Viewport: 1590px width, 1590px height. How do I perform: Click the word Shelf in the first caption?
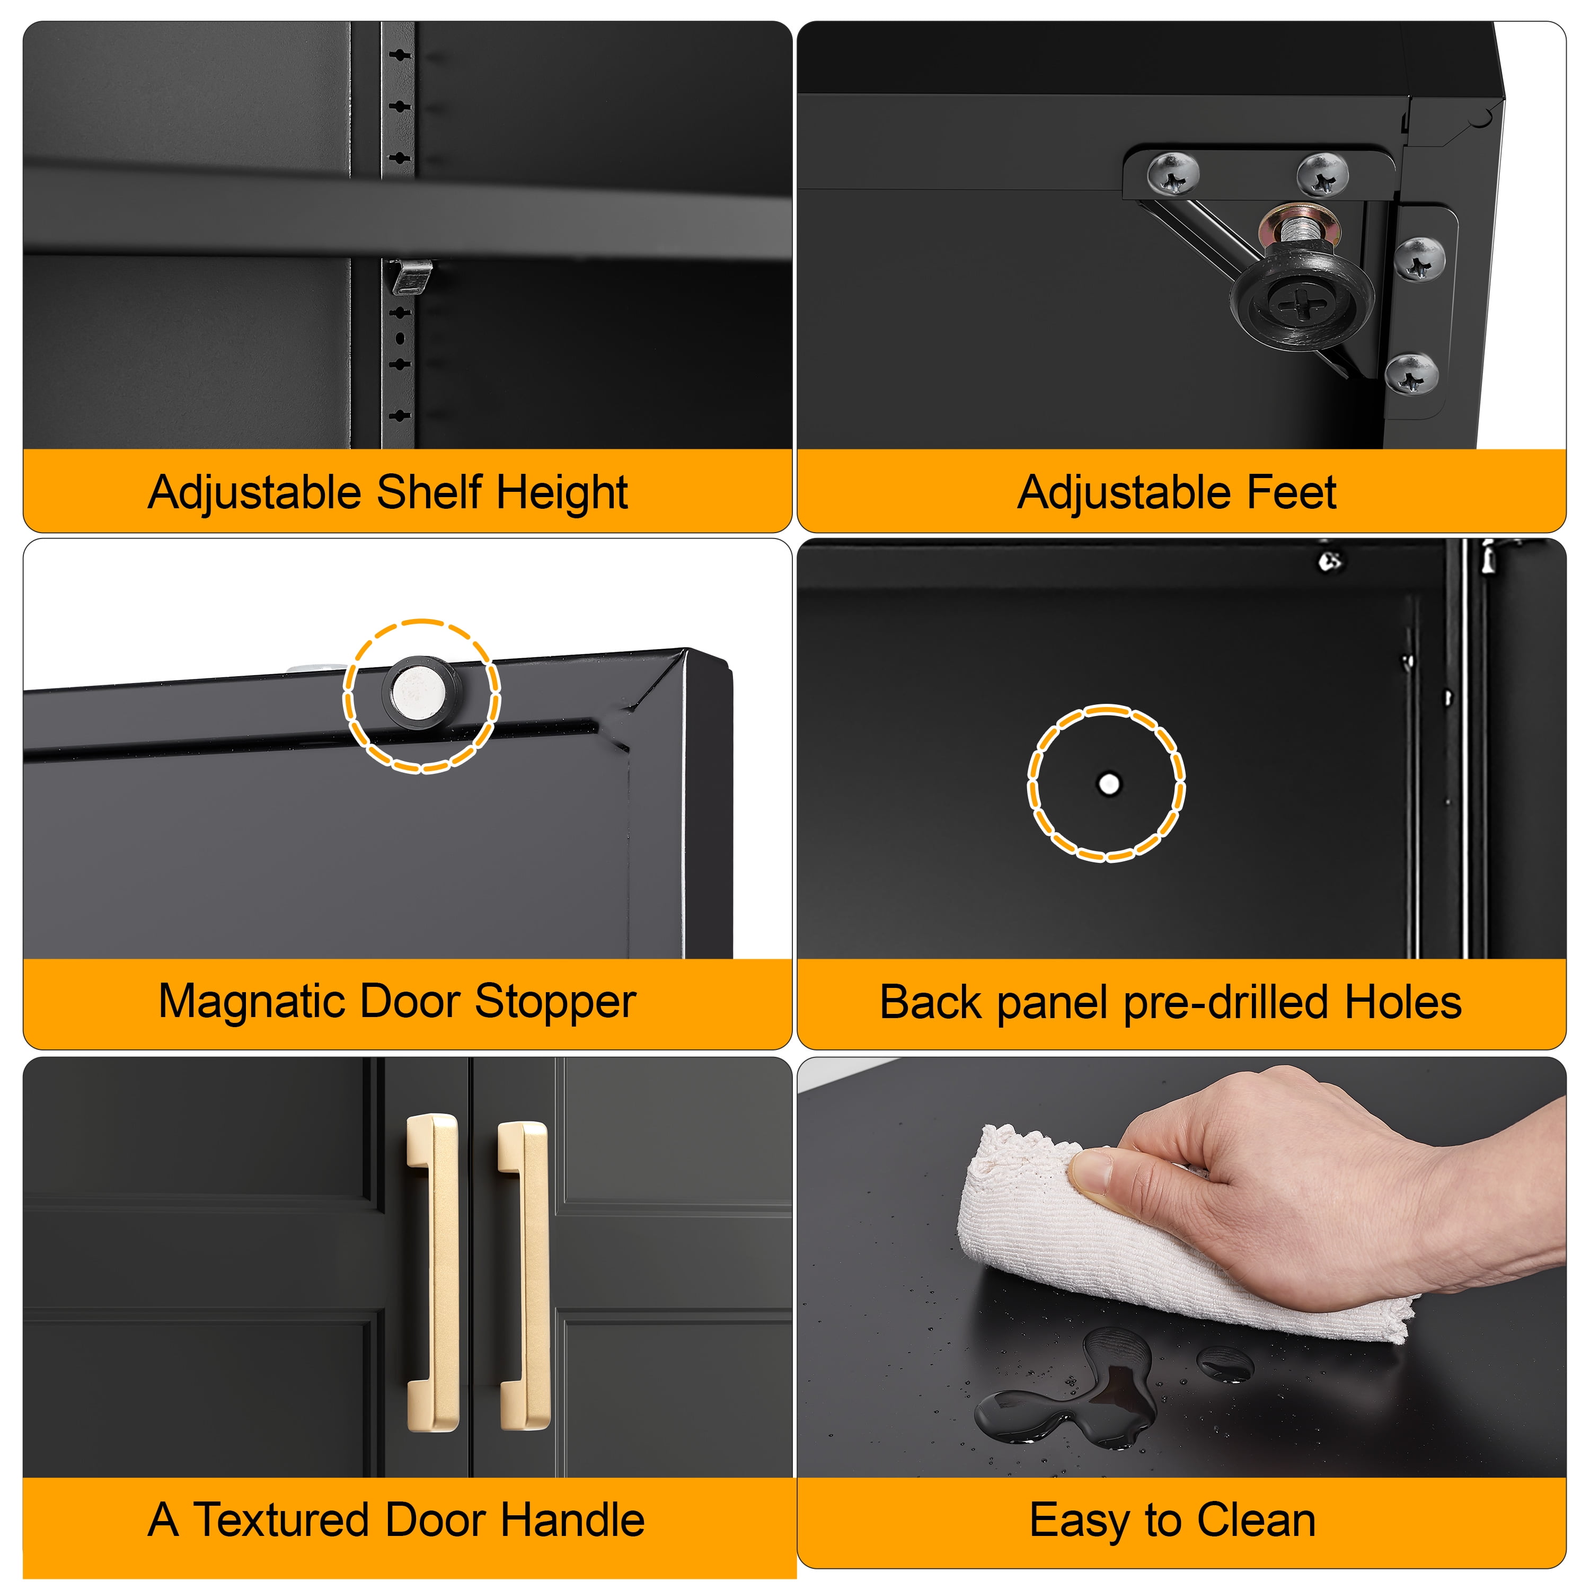click(430, 492)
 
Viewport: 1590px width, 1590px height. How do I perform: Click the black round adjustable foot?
click(1302, 297)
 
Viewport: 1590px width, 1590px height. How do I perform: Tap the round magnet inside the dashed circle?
click(421, 690)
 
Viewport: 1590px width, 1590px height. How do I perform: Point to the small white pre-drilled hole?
click(1109, 783)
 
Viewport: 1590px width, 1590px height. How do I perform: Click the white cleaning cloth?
click(1169, 1234)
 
